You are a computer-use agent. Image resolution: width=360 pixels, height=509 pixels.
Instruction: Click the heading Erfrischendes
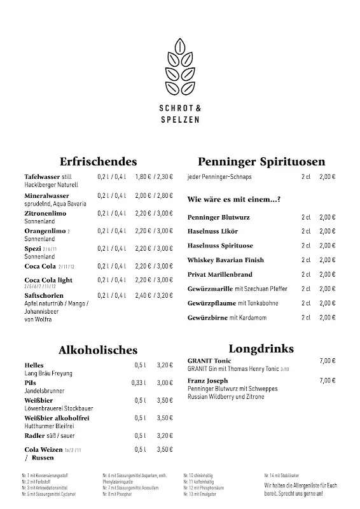pyautogui.click(x=98, y=162)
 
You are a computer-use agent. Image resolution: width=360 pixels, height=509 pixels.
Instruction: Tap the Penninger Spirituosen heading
pyautogui.click(x=261, y=162)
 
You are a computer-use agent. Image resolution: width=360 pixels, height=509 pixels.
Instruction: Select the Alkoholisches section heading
pyautogui.click(x=98, y=349)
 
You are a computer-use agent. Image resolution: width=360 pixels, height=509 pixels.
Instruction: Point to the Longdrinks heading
pyautogui.click(x=261, y=349)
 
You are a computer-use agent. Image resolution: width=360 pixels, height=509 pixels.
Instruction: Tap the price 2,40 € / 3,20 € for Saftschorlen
pyautogui.click(x=154, y=295)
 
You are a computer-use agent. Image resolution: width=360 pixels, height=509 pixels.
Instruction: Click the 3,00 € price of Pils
pyautogui.click(x=165, y=383)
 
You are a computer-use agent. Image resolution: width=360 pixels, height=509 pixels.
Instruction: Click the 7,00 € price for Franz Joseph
pyautogui.click(x=327, y=380)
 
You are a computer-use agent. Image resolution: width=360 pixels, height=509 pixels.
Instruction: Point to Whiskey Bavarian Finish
pyautogui.click(x=225, y=260)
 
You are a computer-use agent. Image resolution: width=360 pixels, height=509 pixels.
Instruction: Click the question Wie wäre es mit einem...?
pyautogui.click(x=234, y=199)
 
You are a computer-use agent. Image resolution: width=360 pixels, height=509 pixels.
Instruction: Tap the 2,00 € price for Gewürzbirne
pyautogui.click(x=327, y=317)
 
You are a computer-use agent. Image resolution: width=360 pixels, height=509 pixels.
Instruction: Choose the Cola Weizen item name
pyautogui.click(x=43, y=450)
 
